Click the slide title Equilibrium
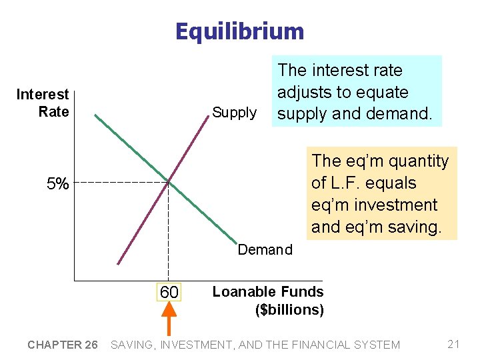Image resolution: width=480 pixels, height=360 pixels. pos(239,31)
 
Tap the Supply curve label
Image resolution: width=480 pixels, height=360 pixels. pos(234,113)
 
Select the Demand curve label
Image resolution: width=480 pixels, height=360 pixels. pos(265,249)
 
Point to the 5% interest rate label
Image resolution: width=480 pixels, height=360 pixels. pos(57,184)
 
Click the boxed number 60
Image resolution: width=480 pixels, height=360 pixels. pos(169,292)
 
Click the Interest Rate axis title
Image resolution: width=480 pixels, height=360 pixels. pos(43,103)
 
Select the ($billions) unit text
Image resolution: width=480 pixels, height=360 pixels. pos(289,310)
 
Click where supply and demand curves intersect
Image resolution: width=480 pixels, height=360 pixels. pos(168,181)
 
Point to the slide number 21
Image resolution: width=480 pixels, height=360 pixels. pos(454,344)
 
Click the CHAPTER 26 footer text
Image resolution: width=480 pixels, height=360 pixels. pos(62,345)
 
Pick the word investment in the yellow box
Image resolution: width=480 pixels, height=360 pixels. pos(397,205)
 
